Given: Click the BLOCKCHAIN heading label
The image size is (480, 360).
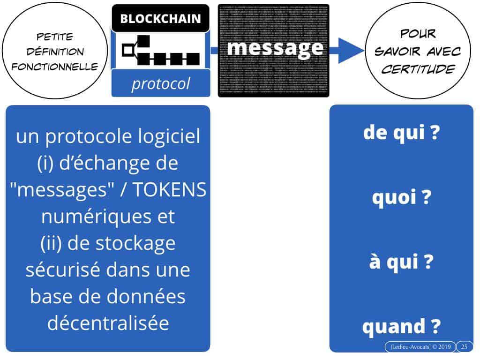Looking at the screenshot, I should (160, 19).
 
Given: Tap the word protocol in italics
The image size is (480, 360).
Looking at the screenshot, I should (160, 83).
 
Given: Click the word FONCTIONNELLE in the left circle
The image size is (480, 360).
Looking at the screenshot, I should (55, 67).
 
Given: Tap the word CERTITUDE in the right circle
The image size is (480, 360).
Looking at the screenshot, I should (418, 69).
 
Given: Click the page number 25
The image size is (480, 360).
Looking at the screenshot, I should (464, 347).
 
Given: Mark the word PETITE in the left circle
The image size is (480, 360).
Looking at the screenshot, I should (54, 37).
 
